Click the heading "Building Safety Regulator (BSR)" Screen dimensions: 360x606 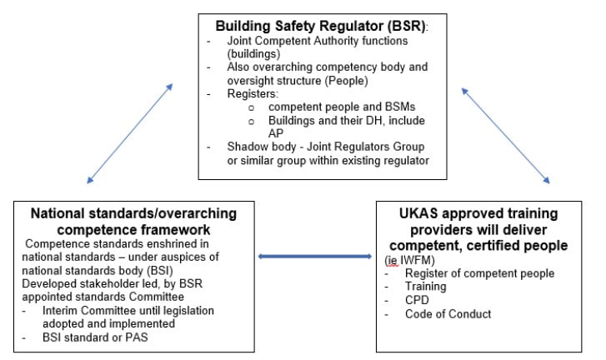coord(320,26)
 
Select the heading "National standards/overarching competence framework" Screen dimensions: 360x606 coord(133,221)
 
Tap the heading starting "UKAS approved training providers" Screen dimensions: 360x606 coord(478,221)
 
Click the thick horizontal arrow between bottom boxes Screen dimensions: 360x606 coord(316,256)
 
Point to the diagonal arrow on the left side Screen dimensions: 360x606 coord(130,132)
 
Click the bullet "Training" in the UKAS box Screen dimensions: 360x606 coord(425,287)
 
